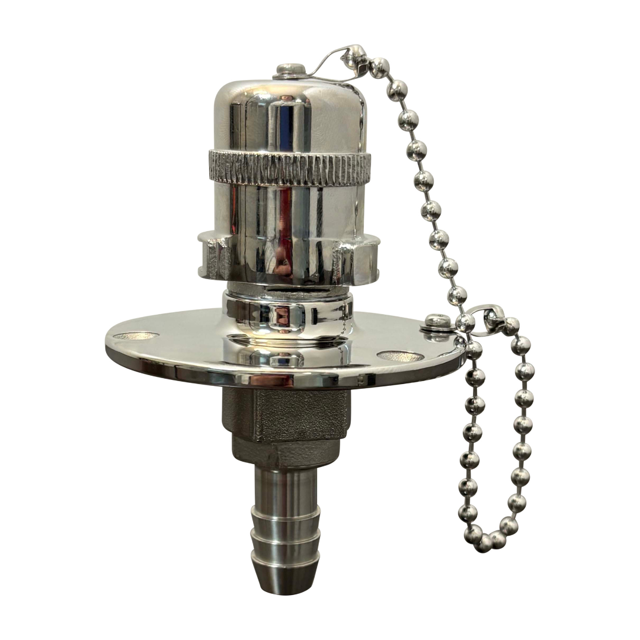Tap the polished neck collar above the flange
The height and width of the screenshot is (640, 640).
[287, 314]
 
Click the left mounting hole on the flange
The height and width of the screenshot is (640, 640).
[136, 336]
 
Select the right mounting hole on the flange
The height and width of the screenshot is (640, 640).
[401, 356]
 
